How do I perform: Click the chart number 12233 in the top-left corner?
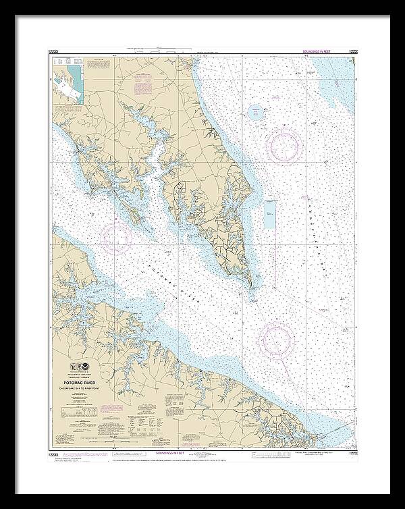pos(57,51)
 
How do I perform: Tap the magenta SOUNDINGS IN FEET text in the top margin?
pos(313,51)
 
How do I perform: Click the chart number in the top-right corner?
pos(352,51)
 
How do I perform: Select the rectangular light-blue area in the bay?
pos(270,215)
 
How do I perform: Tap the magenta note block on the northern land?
pos(144,87)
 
